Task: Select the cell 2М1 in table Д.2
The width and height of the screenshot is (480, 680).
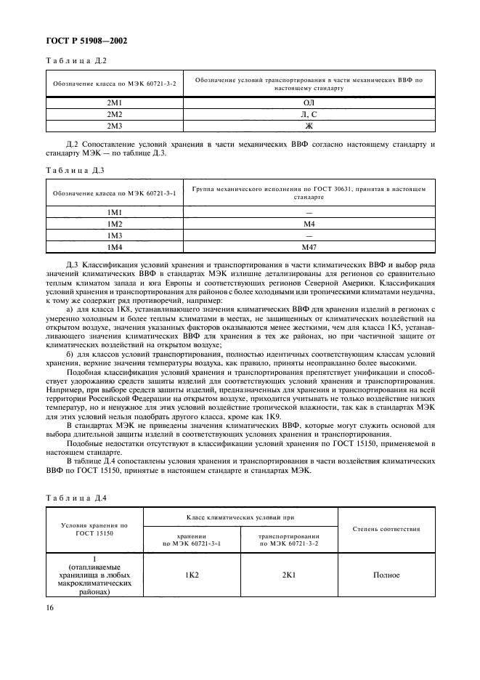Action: pos(114,104)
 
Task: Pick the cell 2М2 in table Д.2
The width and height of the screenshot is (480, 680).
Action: pos(114,115)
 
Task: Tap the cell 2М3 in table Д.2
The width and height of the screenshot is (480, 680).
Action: pos(114,126)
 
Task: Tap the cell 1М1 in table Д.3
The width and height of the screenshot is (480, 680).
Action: pos(114,212)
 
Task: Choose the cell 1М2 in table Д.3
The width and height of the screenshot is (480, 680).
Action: pos(114,224)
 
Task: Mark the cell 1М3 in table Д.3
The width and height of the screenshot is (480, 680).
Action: pos(114,235)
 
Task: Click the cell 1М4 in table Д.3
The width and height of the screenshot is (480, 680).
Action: pos(114,247)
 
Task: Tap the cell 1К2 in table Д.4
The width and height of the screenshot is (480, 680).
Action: pos(192,575)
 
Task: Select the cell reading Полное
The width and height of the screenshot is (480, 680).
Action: pos(386,575)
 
